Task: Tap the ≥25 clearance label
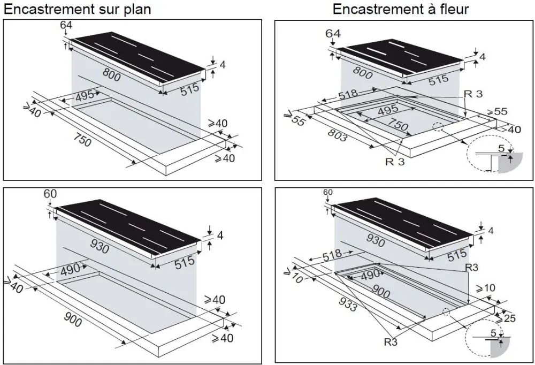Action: click(x=509, y=320)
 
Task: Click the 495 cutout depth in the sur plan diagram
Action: click(x=85, y=97)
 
